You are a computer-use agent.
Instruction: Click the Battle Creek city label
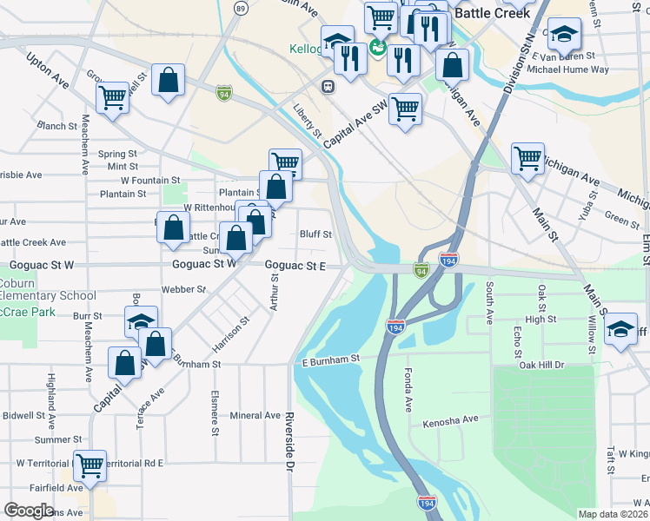coord(492,13)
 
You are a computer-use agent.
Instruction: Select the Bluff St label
coord(315,234)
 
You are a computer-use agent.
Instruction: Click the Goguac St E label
coord(295,266)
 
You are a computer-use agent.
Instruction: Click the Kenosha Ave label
coord(450,420)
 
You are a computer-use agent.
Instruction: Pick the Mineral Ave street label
coord(255,416)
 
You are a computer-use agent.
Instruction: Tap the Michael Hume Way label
coord(567,69)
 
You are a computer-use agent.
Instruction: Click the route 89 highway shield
coord(241,8)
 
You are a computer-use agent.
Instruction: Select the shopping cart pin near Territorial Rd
coord(90,465)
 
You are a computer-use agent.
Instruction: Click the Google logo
coord(29,511)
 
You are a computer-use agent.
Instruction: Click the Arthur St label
coord(275,292)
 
